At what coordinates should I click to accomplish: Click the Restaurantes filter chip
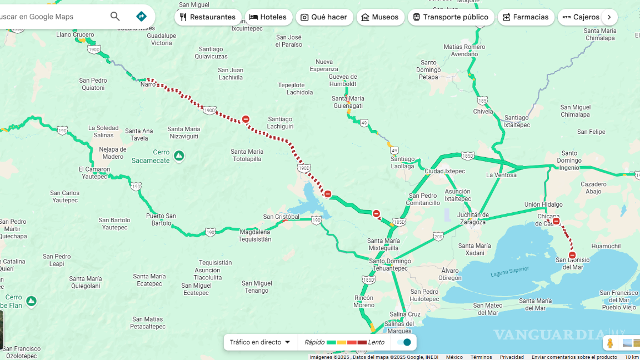click(x=208, y=17)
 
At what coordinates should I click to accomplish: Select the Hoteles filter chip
click(x=268, y=17)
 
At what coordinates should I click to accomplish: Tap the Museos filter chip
click(x=380, y=17)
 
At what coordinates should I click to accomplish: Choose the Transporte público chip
click(x=451, y=17)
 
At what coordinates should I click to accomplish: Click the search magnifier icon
click(x=115, y=17)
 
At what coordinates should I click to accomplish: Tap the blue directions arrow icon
click(x=141, y=17)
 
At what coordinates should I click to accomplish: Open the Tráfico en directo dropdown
click(x=261, y=342)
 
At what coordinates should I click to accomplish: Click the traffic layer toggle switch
click(x=404, y=342)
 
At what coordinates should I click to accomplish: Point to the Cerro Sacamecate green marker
click(x=179, y=156)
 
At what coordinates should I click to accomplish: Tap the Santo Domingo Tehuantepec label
click(x=390, y=264)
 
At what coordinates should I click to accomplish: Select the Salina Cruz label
click(x=405, y=314)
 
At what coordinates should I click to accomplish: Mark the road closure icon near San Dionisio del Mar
click(x=572, y=255)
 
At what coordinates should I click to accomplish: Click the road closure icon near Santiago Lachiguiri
click(x=246, y=119)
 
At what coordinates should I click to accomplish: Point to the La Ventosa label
click(x=501, y=175)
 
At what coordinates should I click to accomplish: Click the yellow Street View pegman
click(x=610, y=343)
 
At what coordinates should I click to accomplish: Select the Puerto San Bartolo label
click(x=161, y=219)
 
